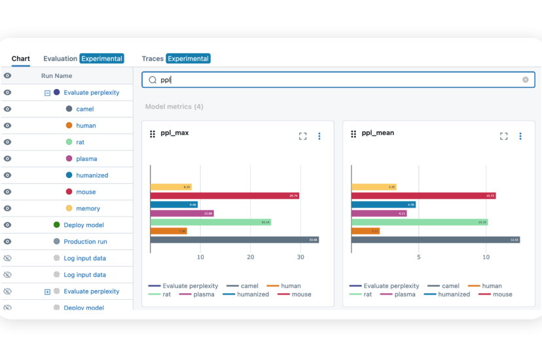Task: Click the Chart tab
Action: pos(21,58)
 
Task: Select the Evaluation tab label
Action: pos(60,58)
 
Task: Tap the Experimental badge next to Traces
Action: pos(188,58)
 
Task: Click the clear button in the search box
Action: pos(525,80)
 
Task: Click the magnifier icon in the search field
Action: pos(153,80)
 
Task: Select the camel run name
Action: pos(84,109)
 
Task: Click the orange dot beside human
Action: pos(69,126)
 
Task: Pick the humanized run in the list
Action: pos(92,175)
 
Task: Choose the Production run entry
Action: pos(85,242)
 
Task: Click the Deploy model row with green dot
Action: pos(83,225)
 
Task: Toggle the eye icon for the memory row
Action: pos(8,208)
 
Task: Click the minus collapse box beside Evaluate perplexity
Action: pos(47,93)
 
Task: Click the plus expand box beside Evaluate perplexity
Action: pos(47,291)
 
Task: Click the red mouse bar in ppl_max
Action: pos(225,196)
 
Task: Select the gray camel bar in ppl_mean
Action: pos(435,240)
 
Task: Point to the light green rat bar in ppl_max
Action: pos(210,222)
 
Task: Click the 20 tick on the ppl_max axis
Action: pos(251,257)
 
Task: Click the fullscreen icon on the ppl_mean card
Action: pos(503,136)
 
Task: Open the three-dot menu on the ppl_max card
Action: pos(319,136)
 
